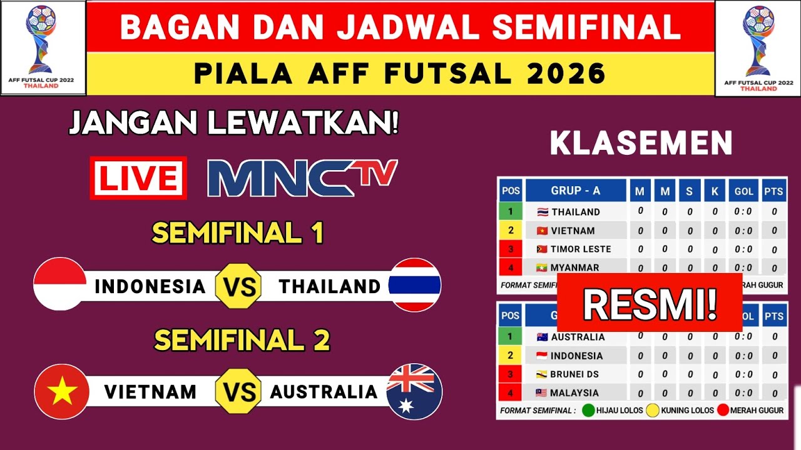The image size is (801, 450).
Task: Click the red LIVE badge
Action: pos(138,177)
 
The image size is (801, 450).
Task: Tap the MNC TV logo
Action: pos(302,177)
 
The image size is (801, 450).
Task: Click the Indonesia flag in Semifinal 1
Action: pos(60,284)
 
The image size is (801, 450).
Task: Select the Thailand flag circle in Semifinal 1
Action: pos(415,284)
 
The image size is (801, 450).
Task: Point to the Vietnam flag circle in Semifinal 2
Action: pos(61,391)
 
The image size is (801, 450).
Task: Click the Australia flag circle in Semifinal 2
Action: pos(414,391)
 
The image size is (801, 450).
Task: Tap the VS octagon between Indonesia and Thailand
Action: pos(238,287)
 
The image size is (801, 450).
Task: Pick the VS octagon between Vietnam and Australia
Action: pos(238,392)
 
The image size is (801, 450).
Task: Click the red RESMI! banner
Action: pos(650,304)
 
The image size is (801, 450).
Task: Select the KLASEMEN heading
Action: pos(641,144)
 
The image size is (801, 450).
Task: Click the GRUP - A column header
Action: pos(575,191)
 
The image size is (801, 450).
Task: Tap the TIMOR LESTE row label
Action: pos(574,249)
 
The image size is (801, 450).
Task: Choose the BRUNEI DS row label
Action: pos(574,374)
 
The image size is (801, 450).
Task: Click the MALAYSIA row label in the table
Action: pos(574,393)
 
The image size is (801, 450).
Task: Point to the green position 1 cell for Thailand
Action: pos(511,211)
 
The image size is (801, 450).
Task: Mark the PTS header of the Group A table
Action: pos(773,191)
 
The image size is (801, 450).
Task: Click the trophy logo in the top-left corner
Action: pos(42,47)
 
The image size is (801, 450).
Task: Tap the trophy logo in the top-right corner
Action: pos(758,47)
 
